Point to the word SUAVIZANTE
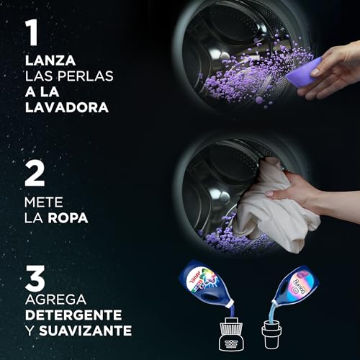click(x=85, y=331)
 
